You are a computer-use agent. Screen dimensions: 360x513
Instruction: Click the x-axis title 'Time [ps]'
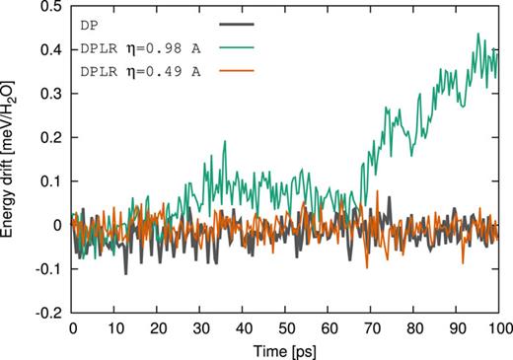tap(288, 350)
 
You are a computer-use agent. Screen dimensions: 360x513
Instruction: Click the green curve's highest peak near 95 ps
tap(477, 34)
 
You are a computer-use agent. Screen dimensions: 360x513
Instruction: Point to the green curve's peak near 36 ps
tap(225, 141)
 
